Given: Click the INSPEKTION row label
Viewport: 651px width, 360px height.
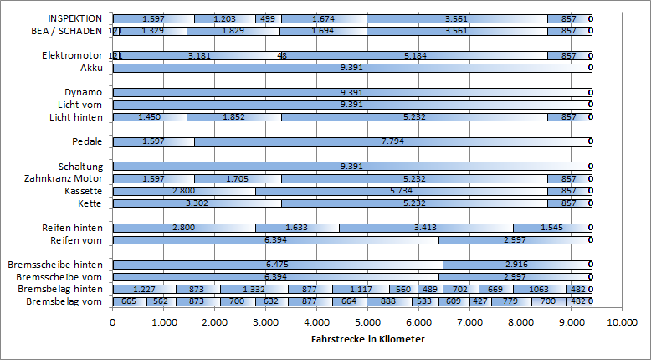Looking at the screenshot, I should tap(75, 18).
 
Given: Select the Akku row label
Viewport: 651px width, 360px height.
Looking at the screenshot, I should tap(91, 68).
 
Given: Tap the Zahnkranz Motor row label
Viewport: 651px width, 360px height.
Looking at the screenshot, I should tap(64, 178).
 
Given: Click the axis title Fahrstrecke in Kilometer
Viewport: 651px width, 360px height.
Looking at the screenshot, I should tap(367, 339).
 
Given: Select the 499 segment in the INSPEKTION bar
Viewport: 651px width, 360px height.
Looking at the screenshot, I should tap(268, 18).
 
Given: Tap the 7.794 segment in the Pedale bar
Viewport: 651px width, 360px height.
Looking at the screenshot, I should tap(393, 141).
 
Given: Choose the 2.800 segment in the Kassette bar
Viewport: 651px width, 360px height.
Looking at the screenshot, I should tap(184, 191).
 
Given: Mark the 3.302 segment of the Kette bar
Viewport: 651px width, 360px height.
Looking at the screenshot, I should tap(197, 203).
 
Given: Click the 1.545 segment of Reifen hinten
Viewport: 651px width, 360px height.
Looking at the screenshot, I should tap(552, 228).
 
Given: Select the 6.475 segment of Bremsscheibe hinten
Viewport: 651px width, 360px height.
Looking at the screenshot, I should tap(278, 265).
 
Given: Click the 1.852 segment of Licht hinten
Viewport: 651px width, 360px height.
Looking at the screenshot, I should tap(233, 117).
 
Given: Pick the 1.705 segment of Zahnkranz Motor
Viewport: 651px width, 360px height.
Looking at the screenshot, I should tap(238, 178).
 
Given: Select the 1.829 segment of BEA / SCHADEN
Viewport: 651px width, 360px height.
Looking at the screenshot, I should tap(233, 31).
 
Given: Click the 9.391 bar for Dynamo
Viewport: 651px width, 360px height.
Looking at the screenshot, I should tap(351, 92).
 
